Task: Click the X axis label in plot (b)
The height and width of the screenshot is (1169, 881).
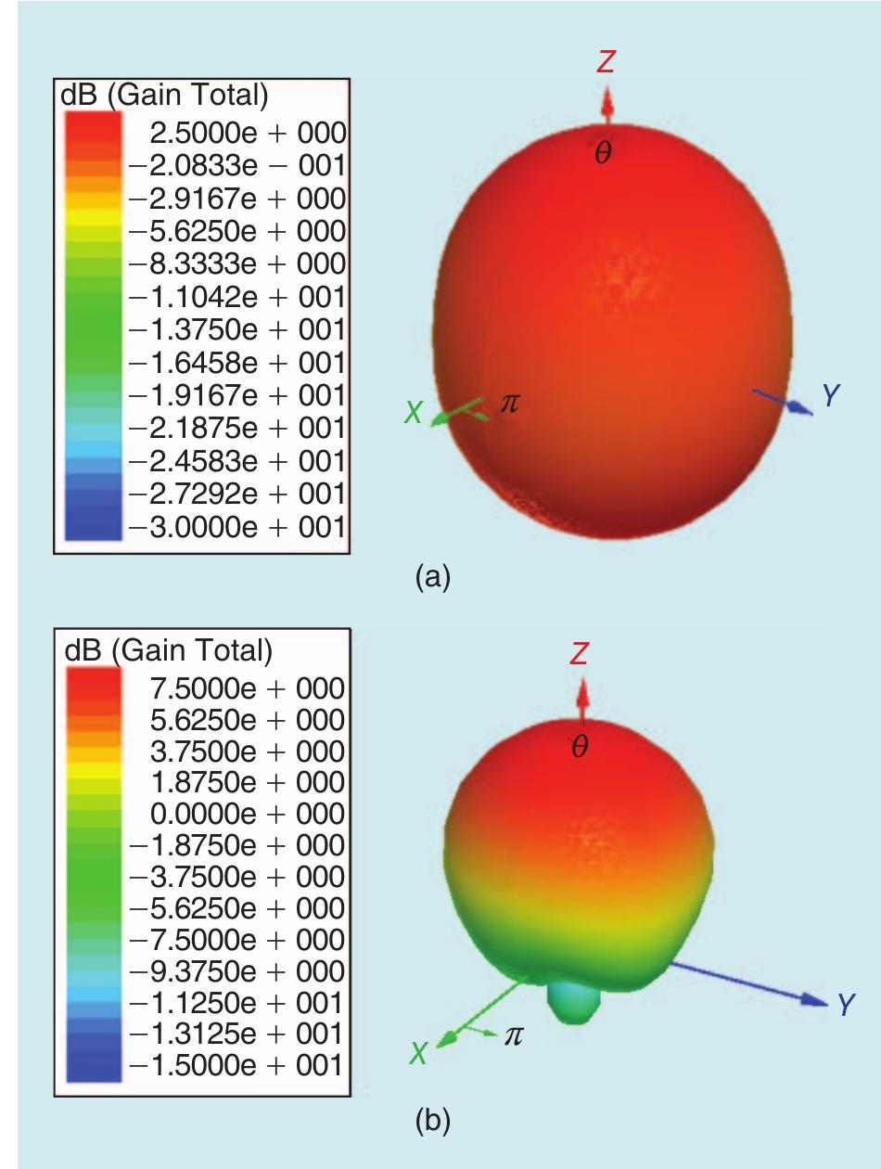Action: tap(419, 1053)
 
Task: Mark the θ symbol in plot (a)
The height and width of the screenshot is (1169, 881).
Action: tap(603, 155)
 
